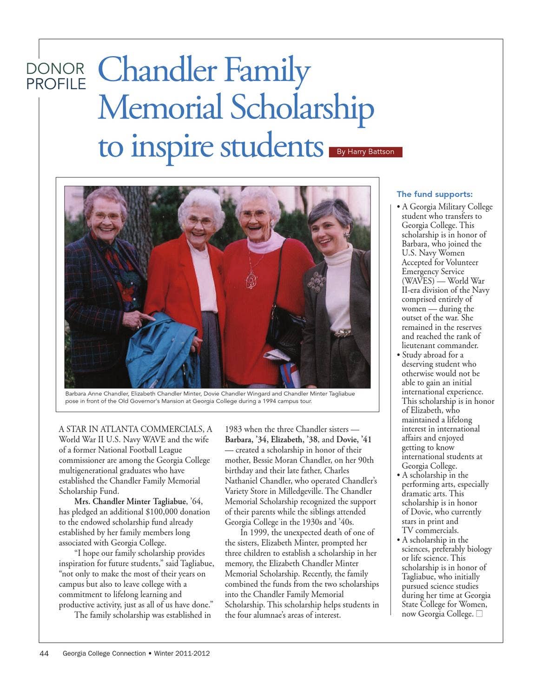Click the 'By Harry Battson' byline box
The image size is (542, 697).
tap(365, 152)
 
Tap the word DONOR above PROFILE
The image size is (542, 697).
tap(55, 69)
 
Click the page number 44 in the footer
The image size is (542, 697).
tap(44, 653)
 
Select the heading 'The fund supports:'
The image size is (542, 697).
tap(434, 194)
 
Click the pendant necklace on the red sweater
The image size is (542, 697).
tap(251, 279)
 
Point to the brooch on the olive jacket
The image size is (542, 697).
tap(317, 281)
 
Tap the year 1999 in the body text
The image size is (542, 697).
tap(258, 533)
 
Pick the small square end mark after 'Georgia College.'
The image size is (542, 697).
tap(479, 614)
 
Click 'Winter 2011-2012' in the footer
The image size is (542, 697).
tap(182, 653)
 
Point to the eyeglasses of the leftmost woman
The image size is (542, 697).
tap(106, 216)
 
